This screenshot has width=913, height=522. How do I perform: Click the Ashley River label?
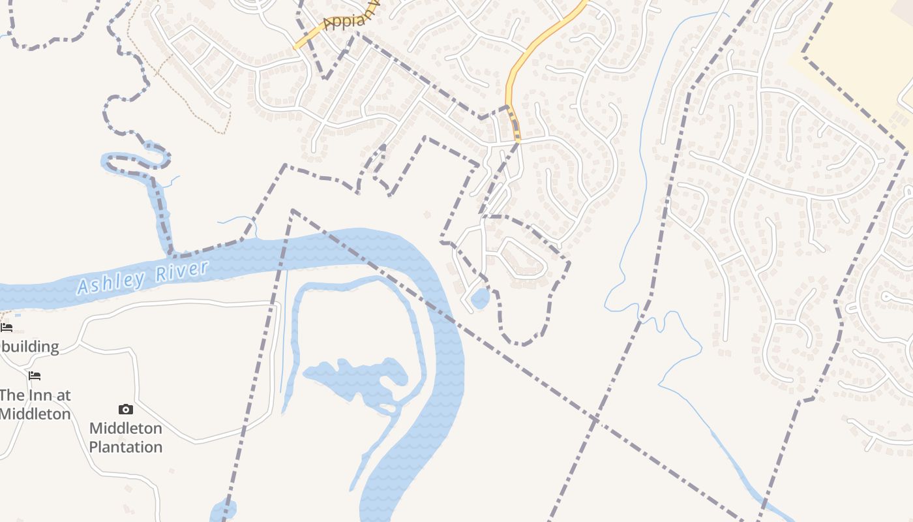[x=143, y=277]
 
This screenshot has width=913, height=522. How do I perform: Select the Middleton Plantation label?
[x=125, y=437]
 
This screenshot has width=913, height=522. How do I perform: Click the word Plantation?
[x=125, y=447]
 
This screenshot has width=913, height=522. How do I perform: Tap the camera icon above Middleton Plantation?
[x=126, y=409]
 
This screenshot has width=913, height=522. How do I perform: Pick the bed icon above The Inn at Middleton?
[x=35, y=376]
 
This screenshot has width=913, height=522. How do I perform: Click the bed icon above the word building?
[x=7, y=327]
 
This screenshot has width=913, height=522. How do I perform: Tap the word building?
[x=30, y=346]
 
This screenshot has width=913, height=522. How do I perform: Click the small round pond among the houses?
[x=480, y=299]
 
